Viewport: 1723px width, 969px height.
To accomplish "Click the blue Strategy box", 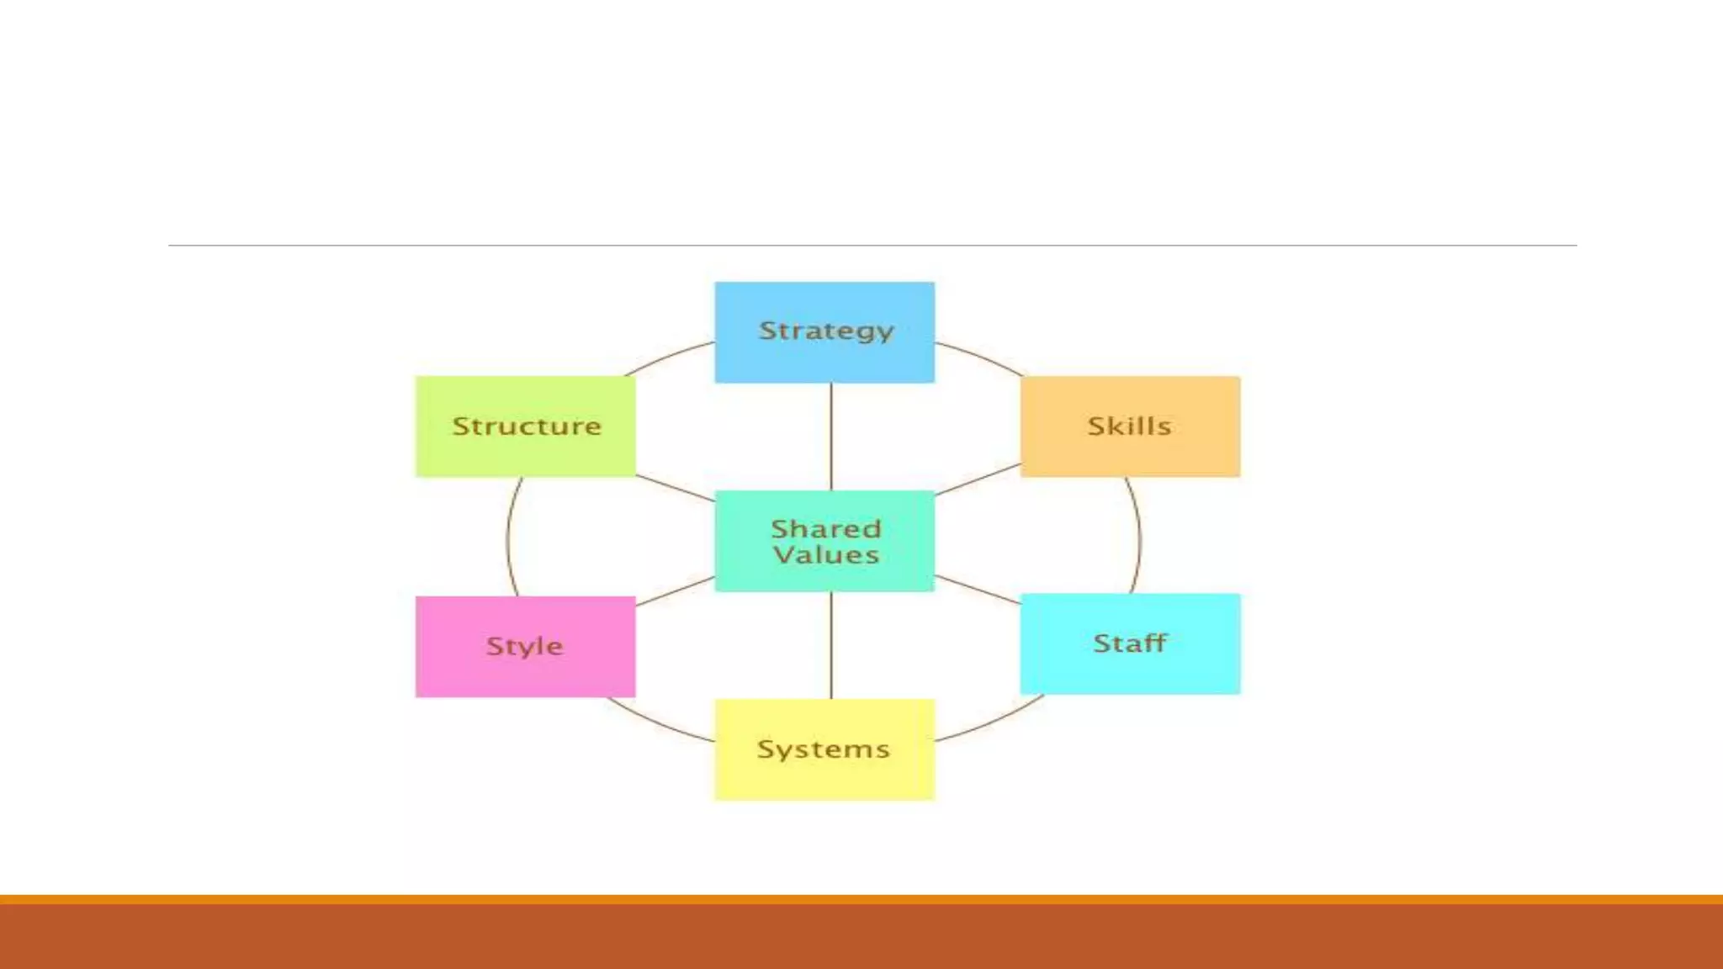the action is click(824, 332).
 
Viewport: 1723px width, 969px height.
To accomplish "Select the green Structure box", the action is click(526, 426).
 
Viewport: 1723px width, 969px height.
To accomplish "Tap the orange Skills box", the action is click(1130, 426).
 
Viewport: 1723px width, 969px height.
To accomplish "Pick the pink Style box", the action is click(526, 646).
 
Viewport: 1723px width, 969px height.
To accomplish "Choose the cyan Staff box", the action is click(1130, 643).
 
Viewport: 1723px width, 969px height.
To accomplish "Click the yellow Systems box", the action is click(824, 749).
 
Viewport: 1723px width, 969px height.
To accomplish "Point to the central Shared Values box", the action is click(824, 541).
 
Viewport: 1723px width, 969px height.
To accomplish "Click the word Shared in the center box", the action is click(826, 528).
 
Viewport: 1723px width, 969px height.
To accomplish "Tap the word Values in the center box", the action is click(826, 555).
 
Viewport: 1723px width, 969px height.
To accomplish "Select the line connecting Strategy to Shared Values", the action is click(831, 437).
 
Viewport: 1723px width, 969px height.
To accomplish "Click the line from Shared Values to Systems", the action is click(831, 645).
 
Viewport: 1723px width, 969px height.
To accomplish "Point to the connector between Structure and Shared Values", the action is click(675, 489).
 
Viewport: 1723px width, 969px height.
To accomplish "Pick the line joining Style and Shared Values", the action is click(675, 591).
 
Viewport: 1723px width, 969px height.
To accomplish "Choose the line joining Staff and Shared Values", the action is click(978, 590).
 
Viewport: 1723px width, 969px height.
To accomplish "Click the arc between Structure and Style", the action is click(508, 538).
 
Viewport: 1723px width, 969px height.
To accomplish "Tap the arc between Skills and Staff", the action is click(1140, 538).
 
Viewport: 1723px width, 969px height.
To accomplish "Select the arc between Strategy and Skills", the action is click(981, 357).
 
